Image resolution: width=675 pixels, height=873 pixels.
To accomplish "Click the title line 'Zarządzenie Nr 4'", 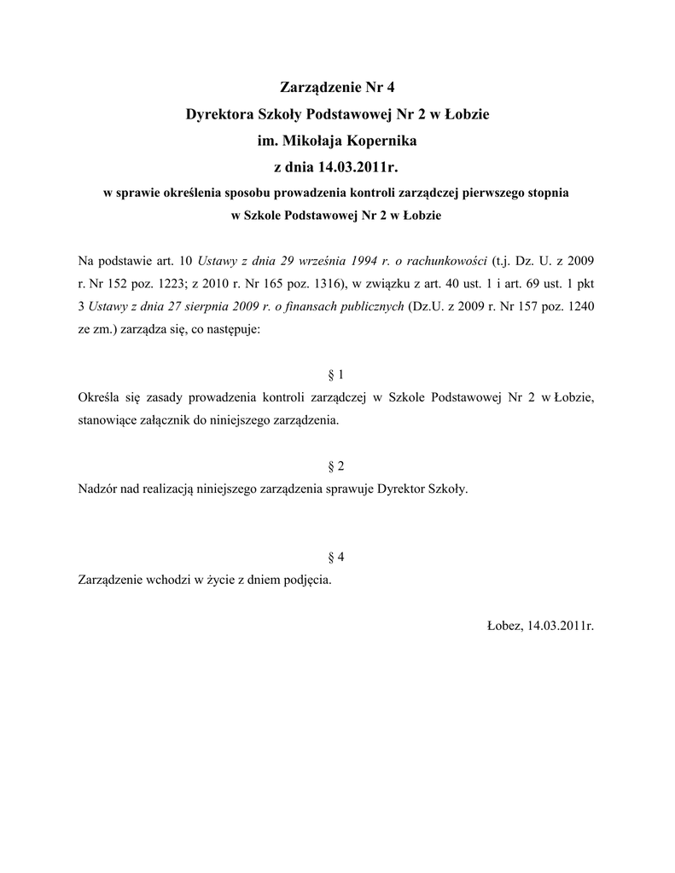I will pyautogui.click(x=337, y=87).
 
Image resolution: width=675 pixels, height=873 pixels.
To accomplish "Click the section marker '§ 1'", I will pyautogui.click(x=336, y=374).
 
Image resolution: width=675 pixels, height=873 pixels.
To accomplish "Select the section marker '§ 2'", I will pyautogui.click(x=336, y=466).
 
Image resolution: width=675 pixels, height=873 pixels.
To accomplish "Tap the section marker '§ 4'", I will pyautogui.click(x=336, y=558).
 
